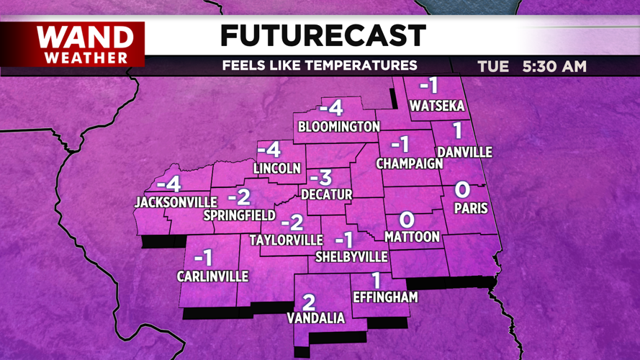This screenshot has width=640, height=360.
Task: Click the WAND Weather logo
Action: pyautogui.click(x=84, y=44)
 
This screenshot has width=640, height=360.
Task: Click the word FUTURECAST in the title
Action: pyautogui.click(x=323, y=35)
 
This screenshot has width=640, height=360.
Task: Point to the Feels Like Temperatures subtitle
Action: pyautogui.click(x=319, y=66)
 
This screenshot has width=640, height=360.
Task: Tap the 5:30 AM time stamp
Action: pyautogui.click(x=554, y=67)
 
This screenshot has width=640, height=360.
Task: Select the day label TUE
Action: pyautogui.click(x=493, y=67)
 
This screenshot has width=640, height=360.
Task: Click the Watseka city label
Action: pyautogui.click(x=437, y=107)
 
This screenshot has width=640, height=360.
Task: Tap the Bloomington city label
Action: pyautogui.click(x=338, y=127)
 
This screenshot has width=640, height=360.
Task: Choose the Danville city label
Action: pyautogui.click(x=464, y=153)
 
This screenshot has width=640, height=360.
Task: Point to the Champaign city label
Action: pyautogui.click(x=410, y=164)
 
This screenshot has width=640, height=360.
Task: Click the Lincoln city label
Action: pyautogui.click(x=277, y=168)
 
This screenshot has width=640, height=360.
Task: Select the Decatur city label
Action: pyautogui.click(x=326, y=194)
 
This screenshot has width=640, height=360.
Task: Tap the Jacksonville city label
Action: pyautogui.click(x=176, y=202)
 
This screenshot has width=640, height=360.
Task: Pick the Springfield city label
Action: pyautogui.click(x=239, y=215)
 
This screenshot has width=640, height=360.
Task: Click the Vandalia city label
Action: pyautogui.click(x=315, y=318)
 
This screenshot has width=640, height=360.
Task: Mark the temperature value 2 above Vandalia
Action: pyautogui.click(x=309, y=302)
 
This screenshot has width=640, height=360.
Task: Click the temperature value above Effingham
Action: pyautogui.click(x=376, y=280)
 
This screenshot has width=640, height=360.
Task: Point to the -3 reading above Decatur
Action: pyautogui.click(x=320, y=178)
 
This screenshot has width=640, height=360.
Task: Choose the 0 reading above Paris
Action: pyautogui.click(x=463, y=191)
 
